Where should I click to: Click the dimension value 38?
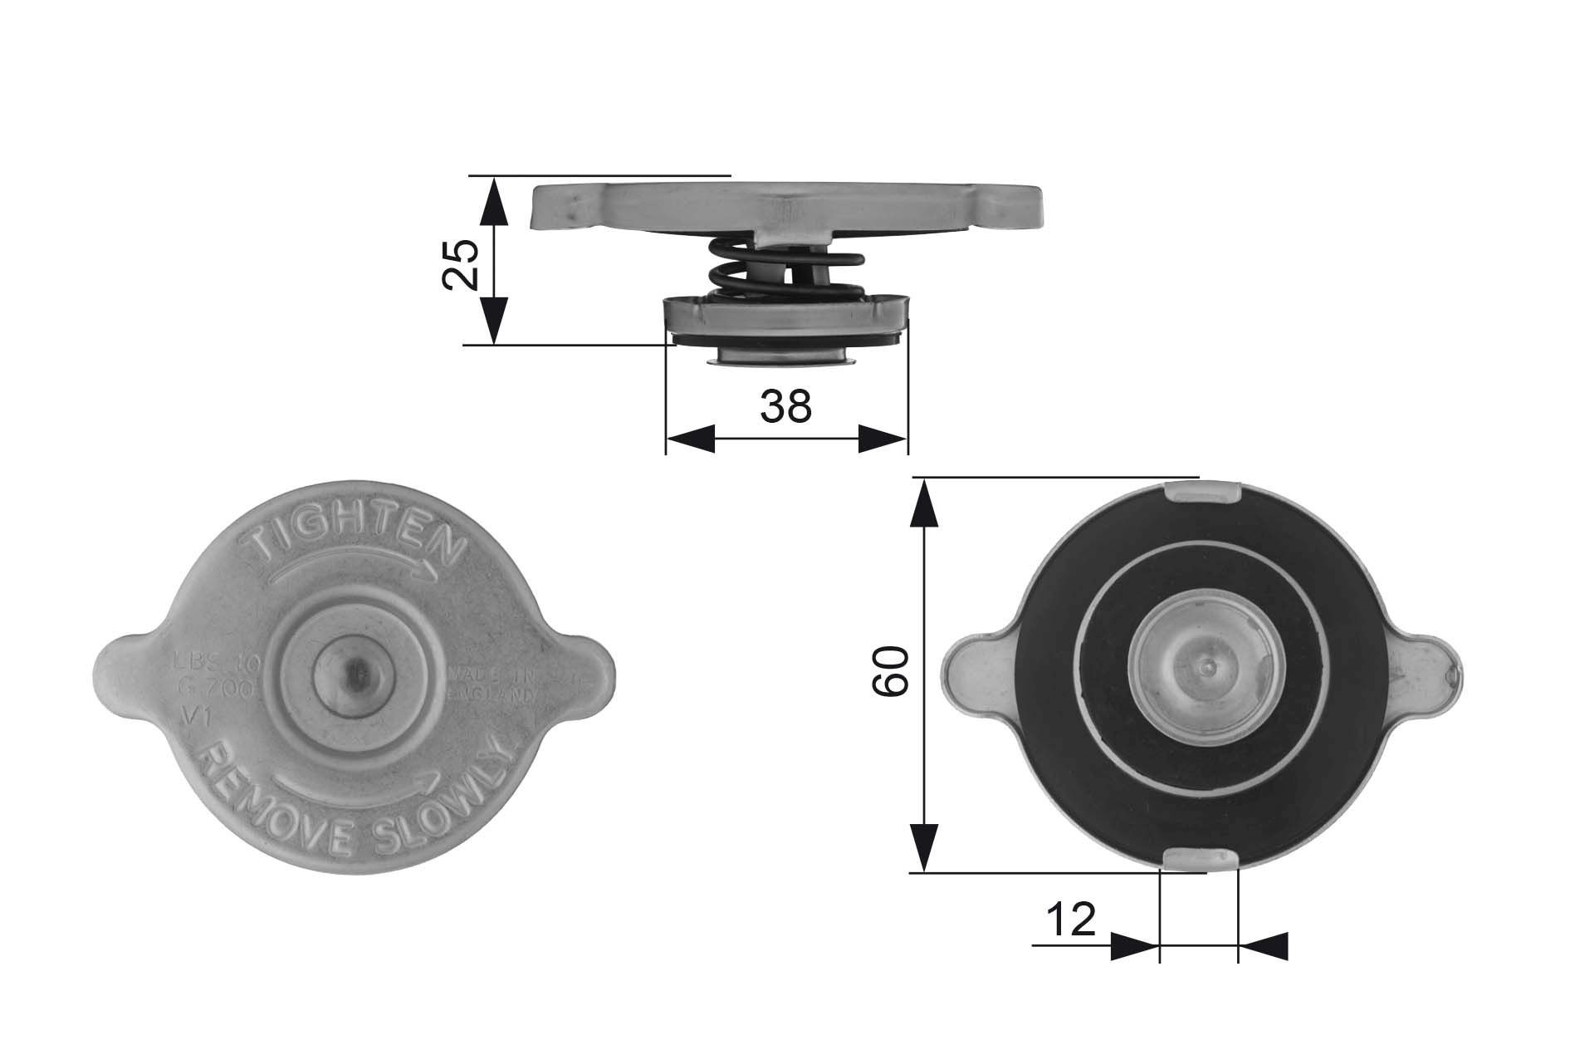(x=785, y=406)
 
